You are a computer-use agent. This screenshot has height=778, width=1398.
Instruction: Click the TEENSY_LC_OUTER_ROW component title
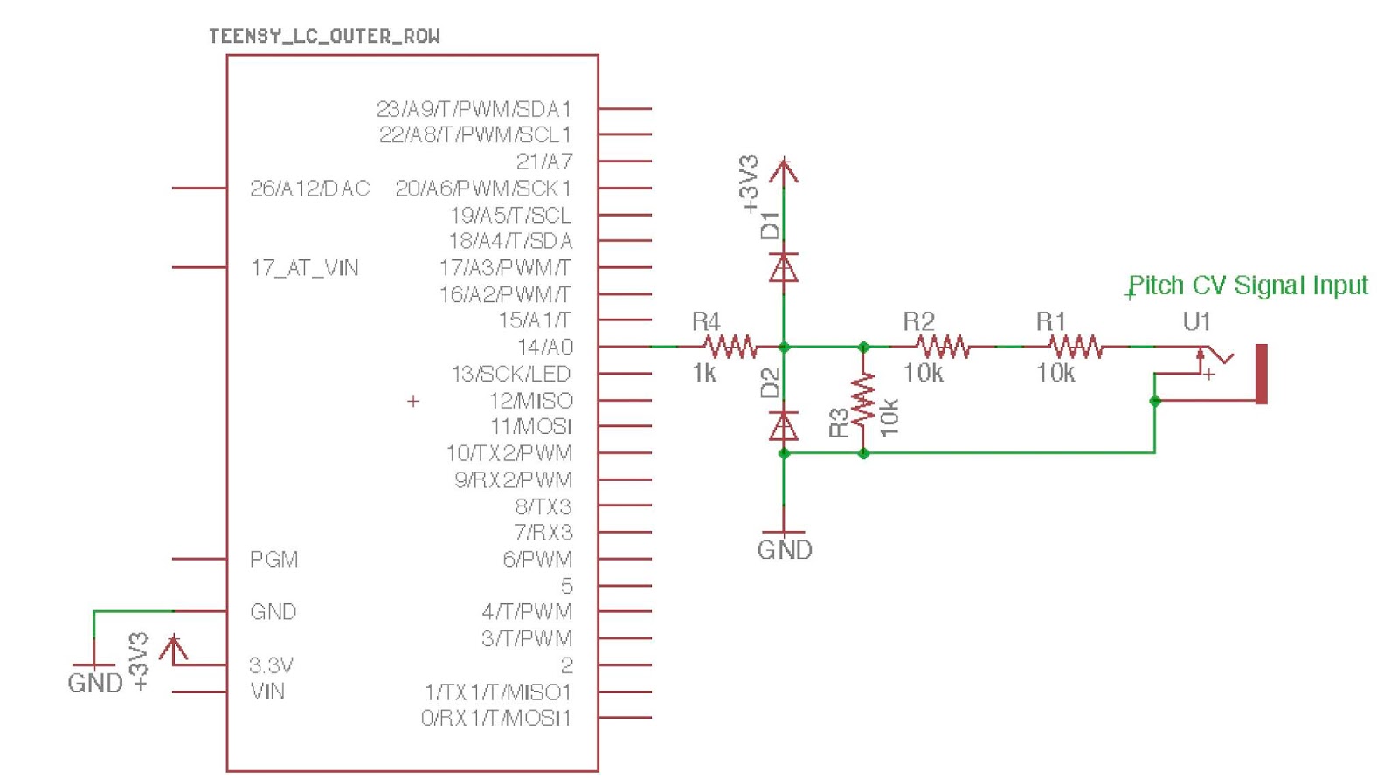point(324,36)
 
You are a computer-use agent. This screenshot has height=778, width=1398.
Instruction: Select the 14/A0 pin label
point(544,347)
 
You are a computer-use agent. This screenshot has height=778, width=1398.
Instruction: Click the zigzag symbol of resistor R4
point(730,347)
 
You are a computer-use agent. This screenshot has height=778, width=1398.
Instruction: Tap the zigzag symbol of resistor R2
point(943,347)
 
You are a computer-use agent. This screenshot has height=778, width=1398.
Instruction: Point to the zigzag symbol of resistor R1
point(1076,347)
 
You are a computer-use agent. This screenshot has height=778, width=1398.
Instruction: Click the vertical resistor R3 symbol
point(863,400)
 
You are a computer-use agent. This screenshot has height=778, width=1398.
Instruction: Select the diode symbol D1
point(784,267)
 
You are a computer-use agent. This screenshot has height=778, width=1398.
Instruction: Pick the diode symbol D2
point(784,426)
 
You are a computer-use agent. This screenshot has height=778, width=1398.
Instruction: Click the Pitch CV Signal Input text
point(1248,286)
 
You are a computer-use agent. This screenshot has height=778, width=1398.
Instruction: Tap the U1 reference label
point(1196,321)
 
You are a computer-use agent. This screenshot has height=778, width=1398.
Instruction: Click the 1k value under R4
point(704,374)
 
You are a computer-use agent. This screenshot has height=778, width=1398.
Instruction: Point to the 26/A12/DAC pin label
point(309,189)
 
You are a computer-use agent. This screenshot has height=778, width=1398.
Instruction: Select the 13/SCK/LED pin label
point(510,374)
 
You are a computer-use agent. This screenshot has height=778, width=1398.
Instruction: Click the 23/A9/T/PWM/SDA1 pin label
point(474,109)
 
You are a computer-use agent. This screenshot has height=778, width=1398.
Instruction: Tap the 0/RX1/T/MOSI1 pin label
point(495,718)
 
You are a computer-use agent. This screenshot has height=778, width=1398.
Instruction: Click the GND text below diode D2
point(784,550)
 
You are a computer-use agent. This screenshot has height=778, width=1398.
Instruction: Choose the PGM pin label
point(273,559)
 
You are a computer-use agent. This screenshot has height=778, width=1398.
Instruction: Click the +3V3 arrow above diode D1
point(784,170)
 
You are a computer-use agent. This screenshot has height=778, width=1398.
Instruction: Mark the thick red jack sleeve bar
point(1261,374)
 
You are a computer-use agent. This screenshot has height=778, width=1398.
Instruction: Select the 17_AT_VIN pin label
point(304,267)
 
